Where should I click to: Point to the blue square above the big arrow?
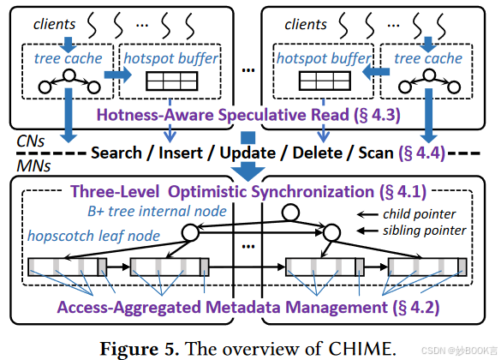coord(249,137)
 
